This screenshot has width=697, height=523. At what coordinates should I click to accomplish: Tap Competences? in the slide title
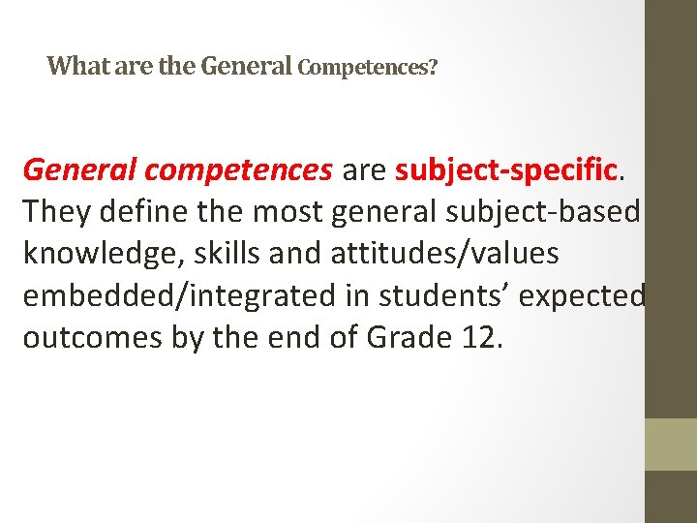pos(368,68)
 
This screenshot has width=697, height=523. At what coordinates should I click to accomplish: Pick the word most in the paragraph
pos(288,212)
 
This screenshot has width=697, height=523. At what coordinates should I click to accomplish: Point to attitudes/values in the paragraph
pos(445,253)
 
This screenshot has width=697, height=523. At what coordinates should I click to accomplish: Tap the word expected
pos(581,296)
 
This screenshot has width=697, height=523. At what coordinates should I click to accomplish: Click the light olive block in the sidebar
pos(671,445)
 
